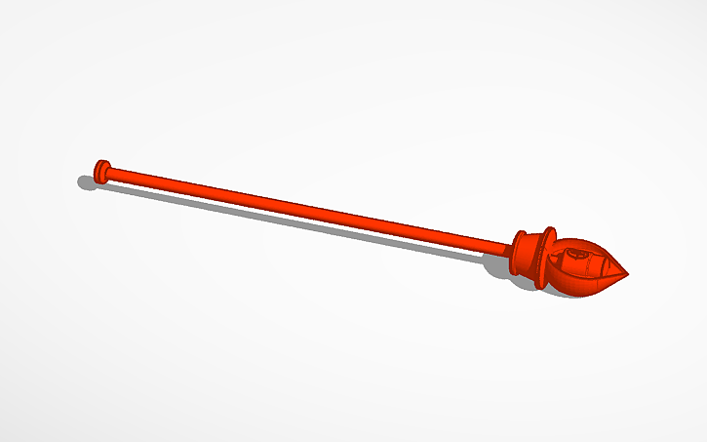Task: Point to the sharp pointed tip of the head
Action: (x=628, y=274)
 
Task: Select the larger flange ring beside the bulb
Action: (x=546, y=258)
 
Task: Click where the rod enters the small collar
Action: (x=510, y=247)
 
